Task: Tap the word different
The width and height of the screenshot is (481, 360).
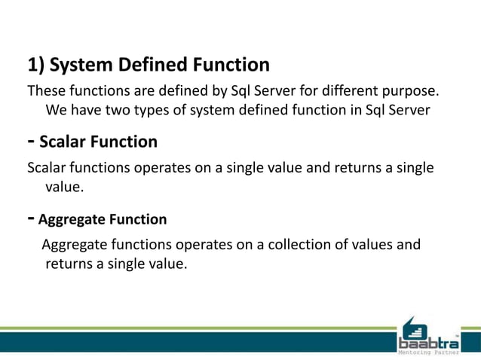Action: pyautogui.click(x=351, y=92)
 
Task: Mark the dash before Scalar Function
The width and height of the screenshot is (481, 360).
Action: pyautogui.click(x=31, y=141)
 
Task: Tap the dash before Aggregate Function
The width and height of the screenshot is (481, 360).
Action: pyautogui.click(x=31, y=218)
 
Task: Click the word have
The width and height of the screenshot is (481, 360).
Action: pyautogui.click(x=87, y=111)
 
